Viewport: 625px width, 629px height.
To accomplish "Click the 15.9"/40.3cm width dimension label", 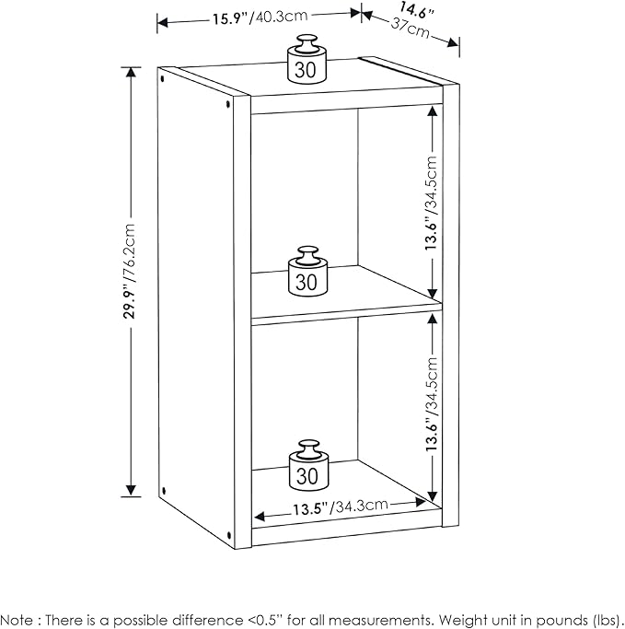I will (x=257, y=16).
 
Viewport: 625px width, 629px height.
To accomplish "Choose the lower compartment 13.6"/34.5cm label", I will (x=430, y=402).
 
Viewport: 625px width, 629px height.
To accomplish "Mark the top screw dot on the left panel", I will (x=227, y=106).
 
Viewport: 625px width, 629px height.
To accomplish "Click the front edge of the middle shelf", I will (x=346, y=314).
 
